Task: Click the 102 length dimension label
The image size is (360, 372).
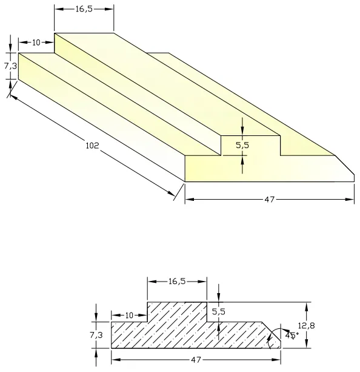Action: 92,145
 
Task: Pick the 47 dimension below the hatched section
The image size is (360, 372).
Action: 195,360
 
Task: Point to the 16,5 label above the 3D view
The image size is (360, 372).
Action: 84,9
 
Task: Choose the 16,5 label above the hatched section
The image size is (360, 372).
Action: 177,282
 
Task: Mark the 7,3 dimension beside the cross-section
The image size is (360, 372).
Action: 98,334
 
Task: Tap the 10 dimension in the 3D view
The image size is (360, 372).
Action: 36,42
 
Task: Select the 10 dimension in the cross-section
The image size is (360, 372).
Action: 128,315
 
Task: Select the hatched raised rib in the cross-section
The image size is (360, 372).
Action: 177,312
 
